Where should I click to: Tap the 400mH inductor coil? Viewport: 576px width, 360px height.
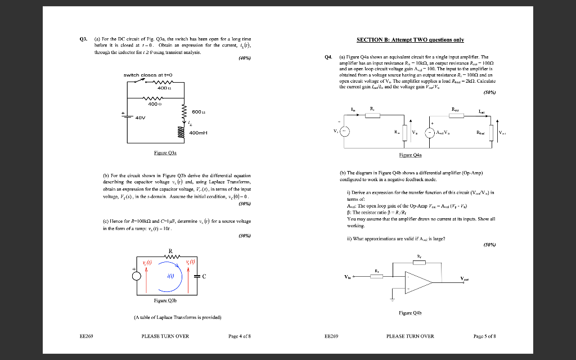[182, 133]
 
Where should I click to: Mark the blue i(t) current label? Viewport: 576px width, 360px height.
[169, 276]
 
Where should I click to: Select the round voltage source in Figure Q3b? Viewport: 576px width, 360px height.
[136, 276]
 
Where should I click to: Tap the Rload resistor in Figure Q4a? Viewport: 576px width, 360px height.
[491, 133]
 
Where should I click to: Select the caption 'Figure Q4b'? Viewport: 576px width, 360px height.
[409, 313]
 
